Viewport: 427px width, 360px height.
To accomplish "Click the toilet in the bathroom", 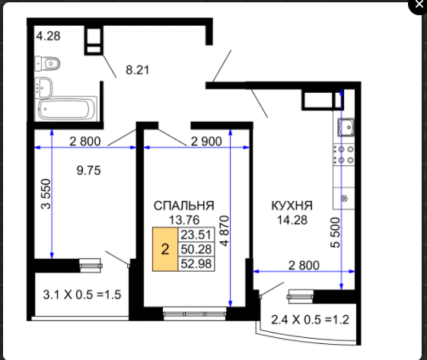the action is [x=47, y=64].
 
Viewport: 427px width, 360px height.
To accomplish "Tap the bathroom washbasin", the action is [x=43, y=87].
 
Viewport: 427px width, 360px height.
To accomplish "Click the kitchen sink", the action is [x=346, y=127].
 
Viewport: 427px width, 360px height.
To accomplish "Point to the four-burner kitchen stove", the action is [x=344, y=155].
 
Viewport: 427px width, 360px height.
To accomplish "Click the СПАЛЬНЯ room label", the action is [x=184, y=205].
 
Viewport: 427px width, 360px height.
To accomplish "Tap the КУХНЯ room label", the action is [x=292, y=205].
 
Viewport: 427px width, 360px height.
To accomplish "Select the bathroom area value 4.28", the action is [x=48, y=36].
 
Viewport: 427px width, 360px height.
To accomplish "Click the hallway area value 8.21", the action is [x=138, y=70].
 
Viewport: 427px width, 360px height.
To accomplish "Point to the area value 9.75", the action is [x=89, y=170].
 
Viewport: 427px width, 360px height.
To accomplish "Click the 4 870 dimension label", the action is [x=225, y=231].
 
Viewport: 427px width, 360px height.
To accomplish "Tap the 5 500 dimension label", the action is [x=336, y=232].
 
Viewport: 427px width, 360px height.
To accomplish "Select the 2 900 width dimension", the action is [x=206, y=142].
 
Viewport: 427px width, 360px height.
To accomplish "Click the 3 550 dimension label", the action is [x=46, y=194].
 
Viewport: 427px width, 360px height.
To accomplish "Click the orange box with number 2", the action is [x=165, y=249].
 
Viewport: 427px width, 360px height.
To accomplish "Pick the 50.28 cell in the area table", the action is [x=196, y=249].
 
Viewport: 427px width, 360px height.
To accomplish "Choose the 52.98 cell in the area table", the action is [x=196, y=264].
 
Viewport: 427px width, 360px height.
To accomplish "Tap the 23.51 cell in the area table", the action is [x=196, y=234].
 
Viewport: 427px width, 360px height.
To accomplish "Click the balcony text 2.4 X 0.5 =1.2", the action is [x=311, y=320].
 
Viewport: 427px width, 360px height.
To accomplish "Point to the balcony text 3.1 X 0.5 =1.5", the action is [x=82, y=295].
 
